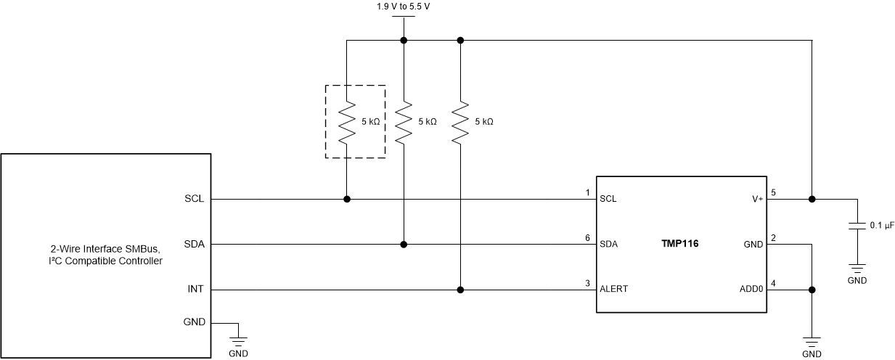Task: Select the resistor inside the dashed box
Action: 347,121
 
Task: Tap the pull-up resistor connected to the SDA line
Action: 404,121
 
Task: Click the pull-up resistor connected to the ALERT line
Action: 460,121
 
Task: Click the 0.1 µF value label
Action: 881,226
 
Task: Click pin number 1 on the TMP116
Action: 587,193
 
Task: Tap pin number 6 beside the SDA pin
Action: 587,238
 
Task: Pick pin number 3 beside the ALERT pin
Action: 587,283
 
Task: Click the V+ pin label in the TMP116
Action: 756,199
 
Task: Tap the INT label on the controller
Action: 197,289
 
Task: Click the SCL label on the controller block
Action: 195,199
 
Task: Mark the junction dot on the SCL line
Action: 347,199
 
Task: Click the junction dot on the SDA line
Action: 404,244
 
